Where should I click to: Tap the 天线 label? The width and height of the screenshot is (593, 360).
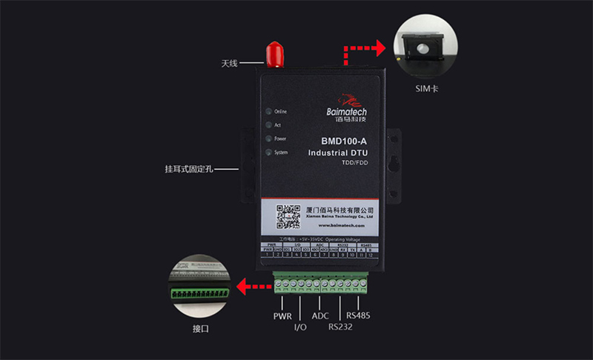pos(229,63)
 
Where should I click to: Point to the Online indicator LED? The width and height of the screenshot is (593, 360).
pos(268,111)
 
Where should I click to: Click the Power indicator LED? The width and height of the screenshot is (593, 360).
pos(268,139)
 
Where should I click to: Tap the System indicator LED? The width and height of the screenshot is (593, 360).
pos(268,153)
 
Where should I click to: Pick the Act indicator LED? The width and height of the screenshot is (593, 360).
pos(268,125)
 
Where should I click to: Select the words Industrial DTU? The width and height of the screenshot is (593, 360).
pos(338,153)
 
